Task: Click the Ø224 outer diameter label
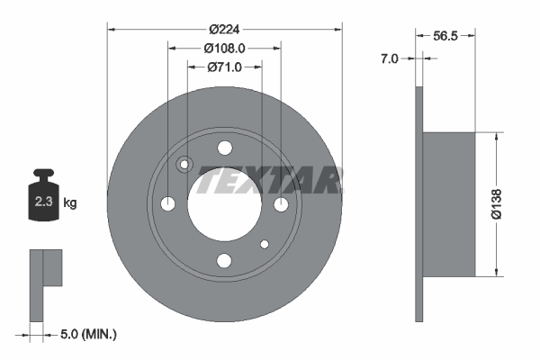coord(224,30)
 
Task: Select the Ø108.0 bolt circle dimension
coord(224,49)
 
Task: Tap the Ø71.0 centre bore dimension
coord(224,67)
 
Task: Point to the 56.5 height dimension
coord(445,35)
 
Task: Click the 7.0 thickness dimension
coord(389,58)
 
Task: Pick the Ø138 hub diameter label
coord(496,204)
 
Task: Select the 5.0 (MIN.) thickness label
coord(88,334)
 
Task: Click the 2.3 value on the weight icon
coord(43,202)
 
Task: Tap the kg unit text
coord(70,202)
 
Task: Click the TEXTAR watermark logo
coord(269,180)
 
